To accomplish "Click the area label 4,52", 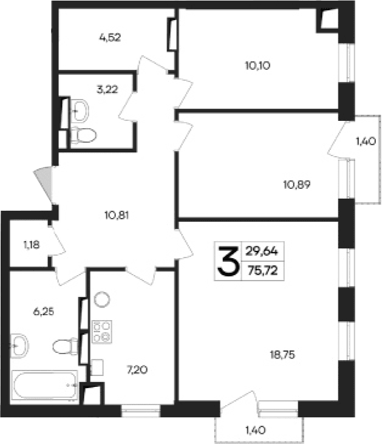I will tap(111, 37).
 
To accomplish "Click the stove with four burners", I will tap(101, 332).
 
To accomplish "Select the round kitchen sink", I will tap(101, 299).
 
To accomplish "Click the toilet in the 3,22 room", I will tap(83, 134).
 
